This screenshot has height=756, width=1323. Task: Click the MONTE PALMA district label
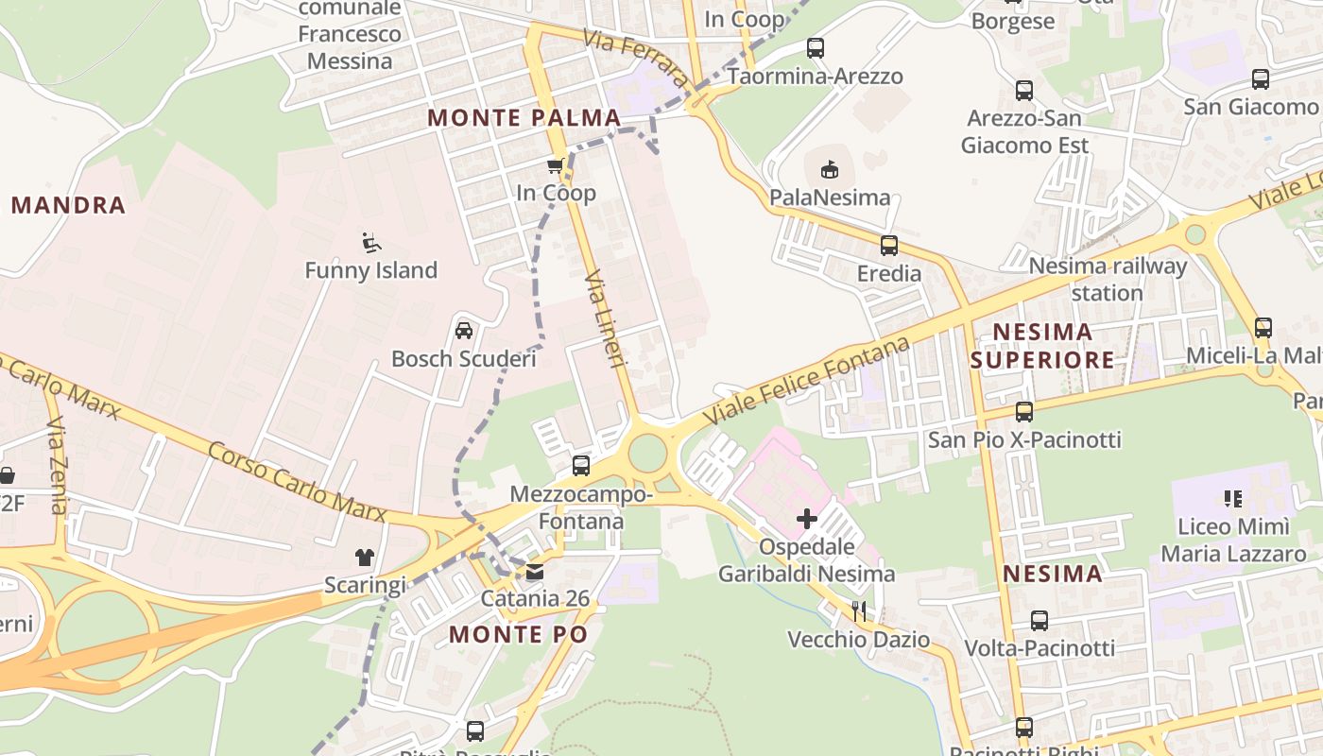[524, 118]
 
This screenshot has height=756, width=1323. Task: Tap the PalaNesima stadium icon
[829, 170]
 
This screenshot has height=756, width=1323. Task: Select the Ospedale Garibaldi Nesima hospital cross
[807, 518]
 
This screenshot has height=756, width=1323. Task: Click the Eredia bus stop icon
[888, 246]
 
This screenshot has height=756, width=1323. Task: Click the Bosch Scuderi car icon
[464, 331]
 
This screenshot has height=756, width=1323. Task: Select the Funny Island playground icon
[371, 243]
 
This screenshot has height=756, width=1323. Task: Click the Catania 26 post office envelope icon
[535, 572]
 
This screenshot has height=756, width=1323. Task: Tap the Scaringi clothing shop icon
[365, 558]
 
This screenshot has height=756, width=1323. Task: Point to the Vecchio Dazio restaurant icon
[859, 611]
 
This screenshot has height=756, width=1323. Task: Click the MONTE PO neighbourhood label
[518, 634]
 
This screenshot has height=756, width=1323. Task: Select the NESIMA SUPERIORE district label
[1042, 346]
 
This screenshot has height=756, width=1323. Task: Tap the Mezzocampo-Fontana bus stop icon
[581, 466]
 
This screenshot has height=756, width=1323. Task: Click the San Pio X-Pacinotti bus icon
[1023, 412]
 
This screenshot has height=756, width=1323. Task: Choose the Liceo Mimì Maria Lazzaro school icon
[1232, 498]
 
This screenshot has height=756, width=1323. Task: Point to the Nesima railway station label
[1107, 279]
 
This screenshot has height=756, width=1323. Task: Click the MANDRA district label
[68, 205]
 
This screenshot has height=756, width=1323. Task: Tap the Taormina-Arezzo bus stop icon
[815, 48]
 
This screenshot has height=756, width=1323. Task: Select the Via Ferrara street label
[637, 57]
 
